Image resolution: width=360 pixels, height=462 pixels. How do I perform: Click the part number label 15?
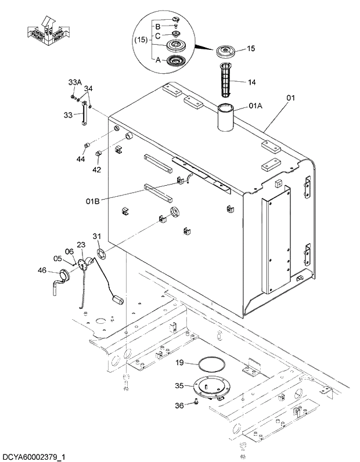[251, 49]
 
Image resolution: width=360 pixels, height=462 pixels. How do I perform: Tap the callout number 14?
[251, 82]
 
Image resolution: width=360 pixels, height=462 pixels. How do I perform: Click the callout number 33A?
[75, 82]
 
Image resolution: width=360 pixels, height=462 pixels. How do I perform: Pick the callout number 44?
[81, 158]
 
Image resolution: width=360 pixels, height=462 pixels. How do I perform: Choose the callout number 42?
[96, 170]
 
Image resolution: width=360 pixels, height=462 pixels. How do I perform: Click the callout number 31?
[96, 236]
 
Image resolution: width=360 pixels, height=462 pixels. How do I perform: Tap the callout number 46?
[42, 270]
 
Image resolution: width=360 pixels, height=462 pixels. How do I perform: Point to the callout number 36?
[179, 406]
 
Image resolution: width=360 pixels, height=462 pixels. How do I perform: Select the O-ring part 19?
[211, 365]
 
